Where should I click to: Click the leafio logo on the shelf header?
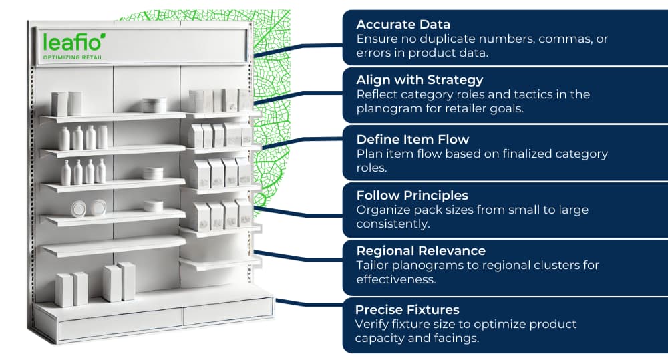coord(74,43)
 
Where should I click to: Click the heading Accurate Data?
coord(403,25)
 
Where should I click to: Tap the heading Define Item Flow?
coord(413,140)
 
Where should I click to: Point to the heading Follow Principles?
coord(412,196)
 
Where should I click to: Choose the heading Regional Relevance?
coord(421,251)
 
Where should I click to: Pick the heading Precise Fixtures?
coord(407,310)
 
